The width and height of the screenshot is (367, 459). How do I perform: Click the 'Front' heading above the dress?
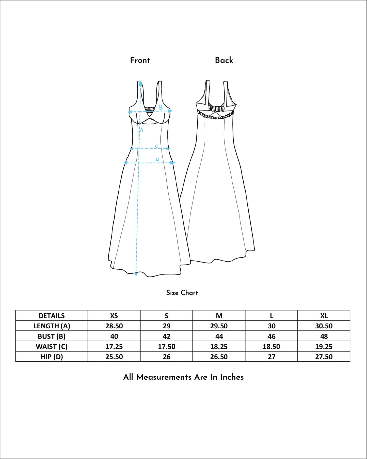pos(140,60)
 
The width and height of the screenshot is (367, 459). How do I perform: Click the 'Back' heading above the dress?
pos(224,60)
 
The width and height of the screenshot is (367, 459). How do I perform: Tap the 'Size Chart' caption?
pos(182,293)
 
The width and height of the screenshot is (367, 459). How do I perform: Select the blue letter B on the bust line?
pos(161,108)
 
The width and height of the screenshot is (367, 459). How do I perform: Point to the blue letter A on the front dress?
pos(141,130)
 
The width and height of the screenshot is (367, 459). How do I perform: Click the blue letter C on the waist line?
pos(156,146)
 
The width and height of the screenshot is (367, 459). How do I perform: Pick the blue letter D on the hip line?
pos(157,159)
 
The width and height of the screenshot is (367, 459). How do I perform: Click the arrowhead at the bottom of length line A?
pos(136,274)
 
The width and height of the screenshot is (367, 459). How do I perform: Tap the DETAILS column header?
pos(52,316)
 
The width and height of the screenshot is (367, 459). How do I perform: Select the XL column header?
pos(324,316)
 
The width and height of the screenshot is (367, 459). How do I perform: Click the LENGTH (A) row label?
pos(52,326)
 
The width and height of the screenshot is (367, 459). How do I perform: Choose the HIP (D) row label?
pos(52,357)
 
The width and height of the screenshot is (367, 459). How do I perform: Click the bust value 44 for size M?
pos(219,336)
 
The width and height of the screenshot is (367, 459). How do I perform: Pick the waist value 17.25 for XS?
pos(114,346)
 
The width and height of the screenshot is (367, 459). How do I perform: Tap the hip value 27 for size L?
pos(272,357)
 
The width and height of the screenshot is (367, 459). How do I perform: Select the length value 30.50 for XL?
pos(324,326)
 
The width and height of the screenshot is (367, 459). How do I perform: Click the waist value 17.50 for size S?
pos(167,346)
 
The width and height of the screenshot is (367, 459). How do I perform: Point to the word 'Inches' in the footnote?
pos(232,377)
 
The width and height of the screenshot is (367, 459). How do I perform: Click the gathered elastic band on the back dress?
pos(216,108)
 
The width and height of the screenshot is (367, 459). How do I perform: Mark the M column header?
pos(219,316)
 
